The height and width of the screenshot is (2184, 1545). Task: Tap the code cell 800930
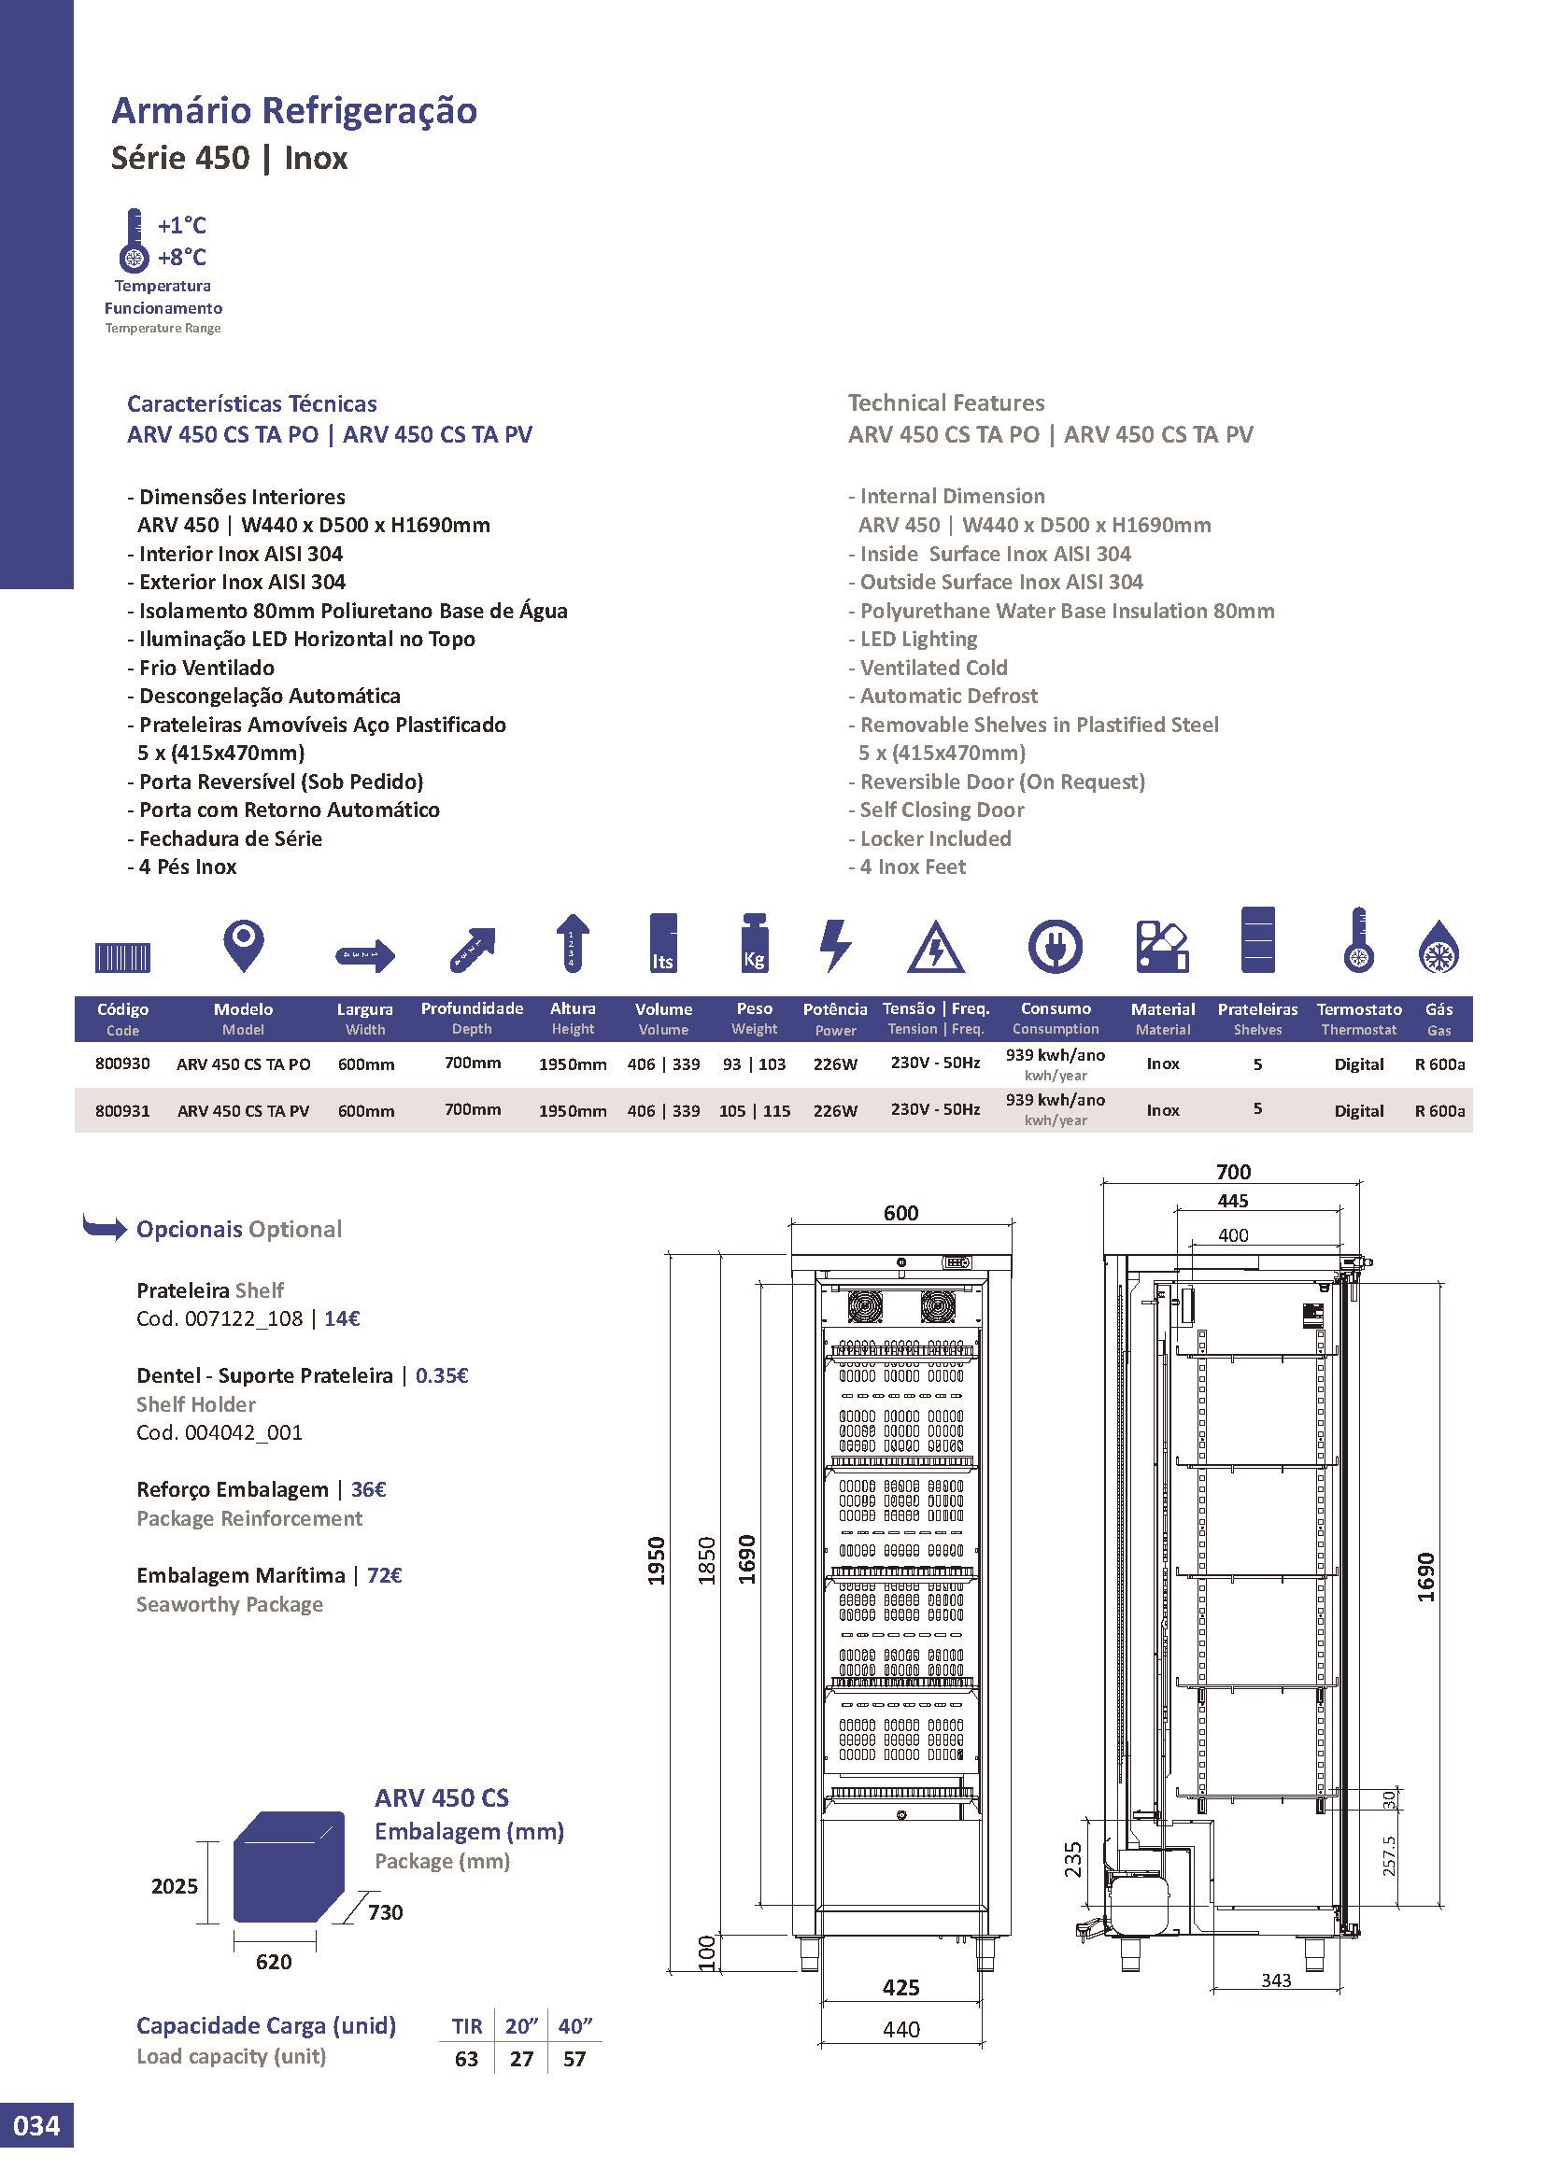tap(122, 1064)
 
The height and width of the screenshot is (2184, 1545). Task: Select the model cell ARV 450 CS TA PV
tap(244, 1110)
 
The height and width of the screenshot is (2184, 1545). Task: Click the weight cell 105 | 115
tap(755, 1110)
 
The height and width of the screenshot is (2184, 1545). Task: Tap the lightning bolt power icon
tap(834, 946)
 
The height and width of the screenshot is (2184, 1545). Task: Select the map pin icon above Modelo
tap(244, 945)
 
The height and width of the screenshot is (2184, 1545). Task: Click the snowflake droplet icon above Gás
tap(1439, 947)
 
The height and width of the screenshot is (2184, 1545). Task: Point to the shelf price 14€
tap(342, 1318)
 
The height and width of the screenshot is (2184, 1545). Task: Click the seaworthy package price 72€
tap(384, 1575)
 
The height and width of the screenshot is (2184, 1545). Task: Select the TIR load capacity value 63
tap(466, 2060)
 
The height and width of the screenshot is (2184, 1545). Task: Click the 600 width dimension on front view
tap(900, 1212)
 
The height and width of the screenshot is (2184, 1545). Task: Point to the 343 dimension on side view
tap(1276, 1980)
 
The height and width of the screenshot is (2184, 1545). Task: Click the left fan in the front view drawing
tap(866, 1306)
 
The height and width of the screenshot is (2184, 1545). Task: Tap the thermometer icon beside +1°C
tap(135, 241)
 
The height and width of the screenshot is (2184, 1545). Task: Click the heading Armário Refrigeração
tap(295, 110)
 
